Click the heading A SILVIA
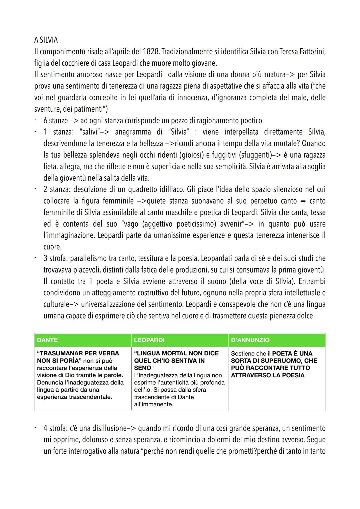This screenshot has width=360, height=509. (x=46, y=40)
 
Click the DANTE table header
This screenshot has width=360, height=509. (x=47, y=340)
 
